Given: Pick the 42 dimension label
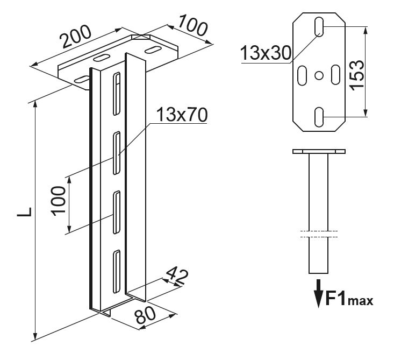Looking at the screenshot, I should point(177,276).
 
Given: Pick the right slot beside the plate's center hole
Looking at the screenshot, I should point(335,74).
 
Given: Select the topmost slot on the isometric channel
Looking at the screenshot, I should point(116,95).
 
